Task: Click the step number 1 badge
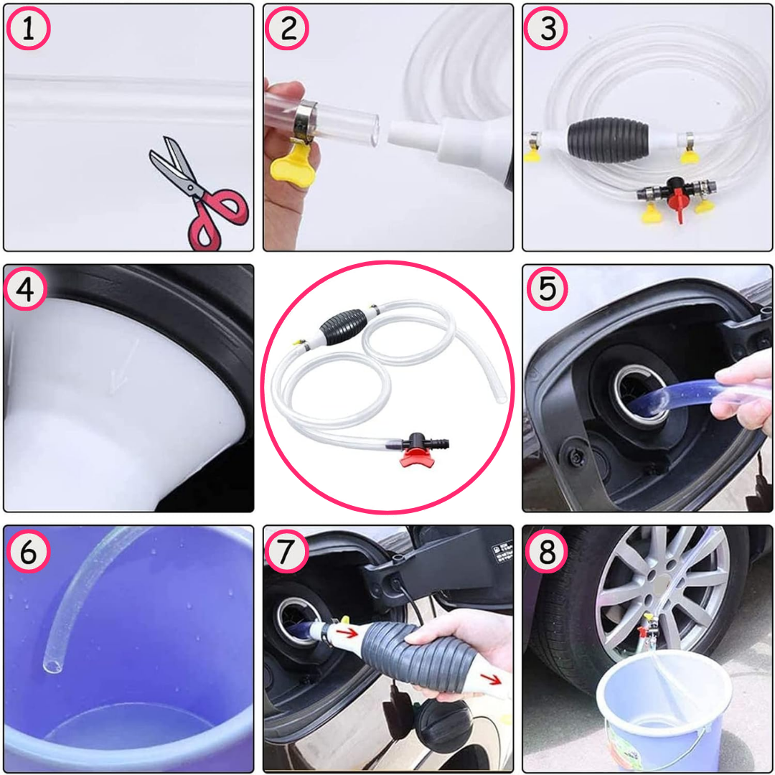(x=28, y=29)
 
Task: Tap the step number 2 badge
(x=287, y=29)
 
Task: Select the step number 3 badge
(x=546, y=29)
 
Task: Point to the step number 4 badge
(x=26, y=289)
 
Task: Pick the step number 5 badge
(x=547, y=289)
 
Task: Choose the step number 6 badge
(x=28, y=551)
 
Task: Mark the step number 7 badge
(x=287, y=551)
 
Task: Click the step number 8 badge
(x=546, y=551)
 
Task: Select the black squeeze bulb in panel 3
(x=608, y=140)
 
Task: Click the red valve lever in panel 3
(x=680, y=207)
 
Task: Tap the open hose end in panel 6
(x=52, y=667)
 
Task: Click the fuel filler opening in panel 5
(x=641, y=394)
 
